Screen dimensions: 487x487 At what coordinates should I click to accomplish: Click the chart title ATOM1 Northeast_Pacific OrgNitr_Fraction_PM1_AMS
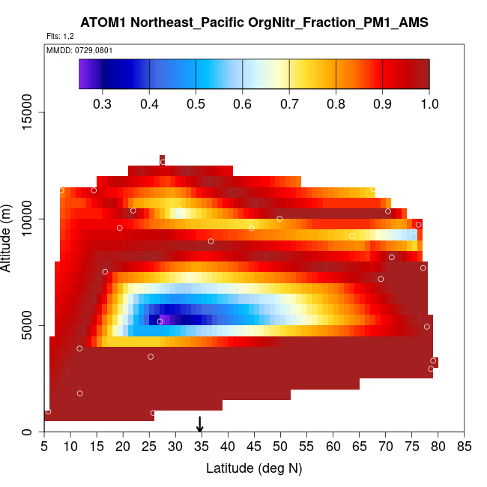(254, 23)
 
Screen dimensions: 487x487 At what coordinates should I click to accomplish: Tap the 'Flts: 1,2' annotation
(60, 36)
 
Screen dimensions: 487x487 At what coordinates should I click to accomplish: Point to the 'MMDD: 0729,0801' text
(74, 50)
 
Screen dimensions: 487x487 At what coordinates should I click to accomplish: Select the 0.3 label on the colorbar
(103, 103)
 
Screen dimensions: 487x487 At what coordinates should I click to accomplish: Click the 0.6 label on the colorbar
(242, 103)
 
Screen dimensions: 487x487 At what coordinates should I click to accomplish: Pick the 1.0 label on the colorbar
(429, 103)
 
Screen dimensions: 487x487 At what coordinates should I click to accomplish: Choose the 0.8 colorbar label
(336, 103)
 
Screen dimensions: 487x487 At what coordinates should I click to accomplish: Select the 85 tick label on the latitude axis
(465, 447)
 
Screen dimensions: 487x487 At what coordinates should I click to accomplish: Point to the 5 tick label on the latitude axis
(44, 447)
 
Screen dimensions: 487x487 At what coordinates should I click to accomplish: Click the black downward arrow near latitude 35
(200, 424)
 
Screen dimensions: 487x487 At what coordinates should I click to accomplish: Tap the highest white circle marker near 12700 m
(163, 162)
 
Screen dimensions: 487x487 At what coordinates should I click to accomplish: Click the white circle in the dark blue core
(160, 321)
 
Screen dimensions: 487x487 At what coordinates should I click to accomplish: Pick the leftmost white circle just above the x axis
(48, 411)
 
